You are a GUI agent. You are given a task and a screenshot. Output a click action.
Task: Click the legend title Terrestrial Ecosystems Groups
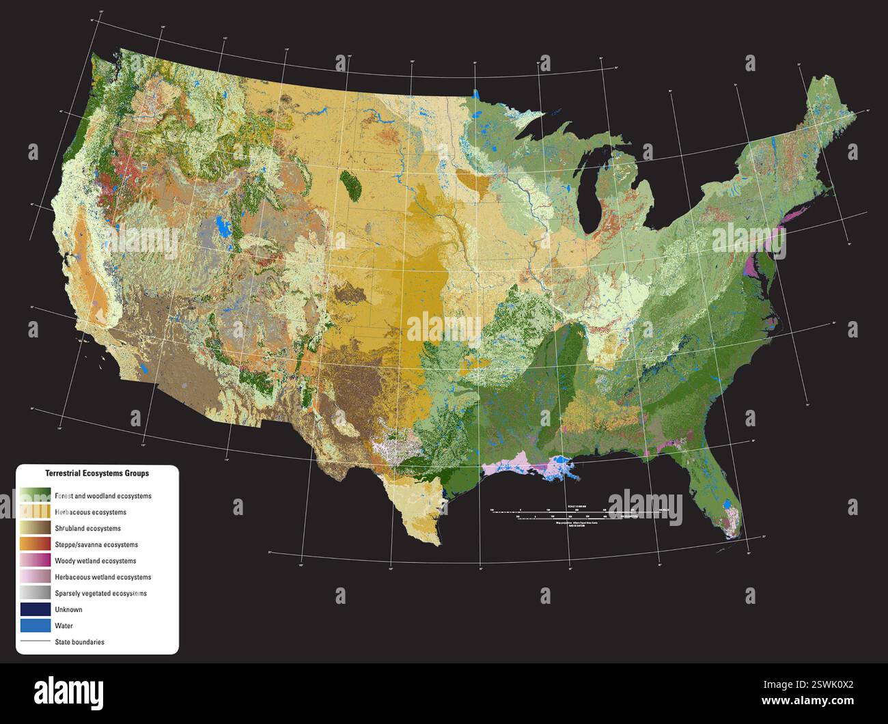pyautogui.click(x=97, y=473)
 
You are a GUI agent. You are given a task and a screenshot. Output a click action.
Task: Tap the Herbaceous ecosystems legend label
pyautogui.click(x=90, y=512)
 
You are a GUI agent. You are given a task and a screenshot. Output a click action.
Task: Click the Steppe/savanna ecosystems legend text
pyautogui.click(x=96, y=544)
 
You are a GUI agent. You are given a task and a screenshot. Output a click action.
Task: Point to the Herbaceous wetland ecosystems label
pyautogui.click(x=103, y=577)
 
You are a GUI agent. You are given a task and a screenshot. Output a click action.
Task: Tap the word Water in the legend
pyautogui.click(x=64, y=626)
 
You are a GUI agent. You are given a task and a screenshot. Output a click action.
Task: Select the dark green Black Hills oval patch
pyautogui.click(x=351, y=184)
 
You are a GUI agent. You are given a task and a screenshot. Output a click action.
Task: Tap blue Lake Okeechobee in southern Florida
pyautogui.click(x=729, y=507)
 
